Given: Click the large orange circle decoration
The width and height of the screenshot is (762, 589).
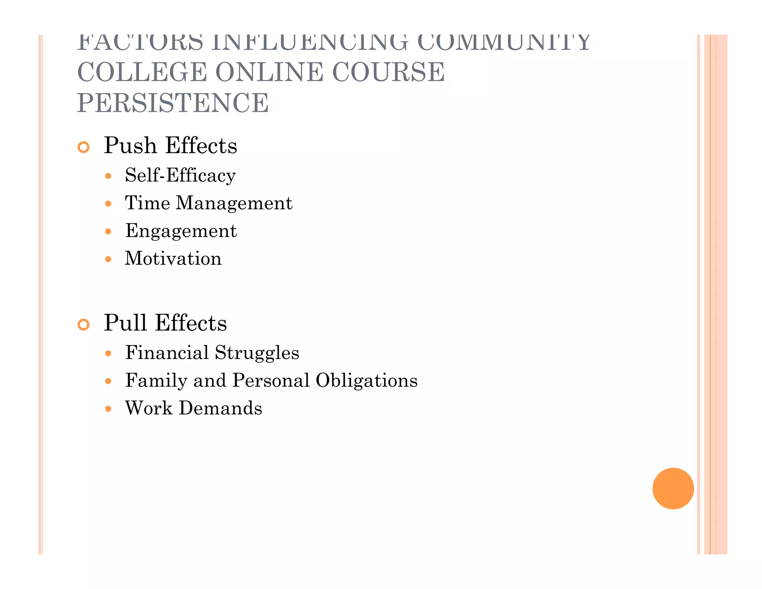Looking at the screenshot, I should (673, 488).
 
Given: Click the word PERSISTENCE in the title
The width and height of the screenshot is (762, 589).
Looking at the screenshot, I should (173, 103).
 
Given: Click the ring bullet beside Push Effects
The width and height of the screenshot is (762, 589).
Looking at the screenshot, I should (84, 147).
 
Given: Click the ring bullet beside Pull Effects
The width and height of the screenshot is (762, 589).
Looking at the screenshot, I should (84, 324).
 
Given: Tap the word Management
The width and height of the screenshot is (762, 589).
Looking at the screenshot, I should (234, 203).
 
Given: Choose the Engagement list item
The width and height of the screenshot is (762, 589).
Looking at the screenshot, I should (181, 231).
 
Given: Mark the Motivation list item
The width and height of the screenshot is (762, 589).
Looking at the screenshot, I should (173, 258).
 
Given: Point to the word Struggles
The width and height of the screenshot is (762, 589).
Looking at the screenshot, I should (257, 353).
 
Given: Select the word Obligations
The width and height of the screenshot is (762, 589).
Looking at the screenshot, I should (366, 381).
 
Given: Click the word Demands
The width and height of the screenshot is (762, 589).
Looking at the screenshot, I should (220, 408).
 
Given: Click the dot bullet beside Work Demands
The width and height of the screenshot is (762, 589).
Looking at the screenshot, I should (108, 409).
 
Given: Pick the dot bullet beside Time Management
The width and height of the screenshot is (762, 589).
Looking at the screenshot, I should (108, 204).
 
